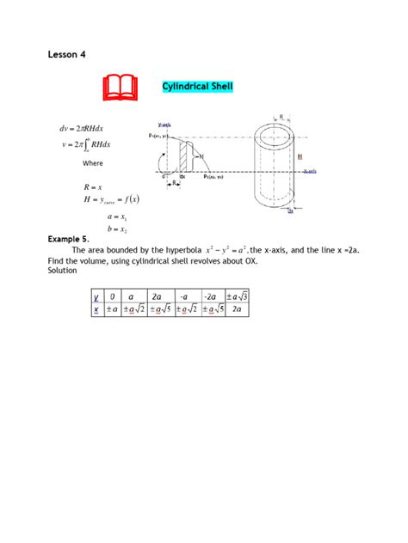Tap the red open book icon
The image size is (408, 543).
(120, 88)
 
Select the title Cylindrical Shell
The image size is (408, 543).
(197, 87)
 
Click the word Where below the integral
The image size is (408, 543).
(93, 163)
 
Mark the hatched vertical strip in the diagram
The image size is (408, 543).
(183, 156)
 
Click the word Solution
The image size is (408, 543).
(63, 271)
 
